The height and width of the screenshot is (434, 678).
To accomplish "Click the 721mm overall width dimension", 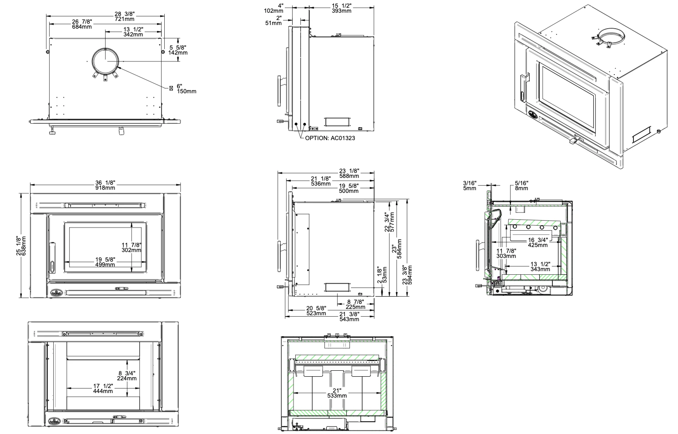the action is [x=124, y=17].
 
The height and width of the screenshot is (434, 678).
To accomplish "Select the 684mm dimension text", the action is [x=82, y=24].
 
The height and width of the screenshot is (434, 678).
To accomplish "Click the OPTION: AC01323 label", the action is [x=330, y=138].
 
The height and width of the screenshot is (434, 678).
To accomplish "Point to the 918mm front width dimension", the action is [x=105, y=185].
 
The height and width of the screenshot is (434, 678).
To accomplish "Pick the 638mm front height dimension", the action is [x=21, y=246].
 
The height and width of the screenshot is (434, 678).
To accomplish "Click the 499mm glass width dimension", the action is [x=105, y=262].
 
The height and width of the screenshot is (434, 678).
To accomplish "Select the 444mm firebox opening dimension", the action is [x=103, y=389].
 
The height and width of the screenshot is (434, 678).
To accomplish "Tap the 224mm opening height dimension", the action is [x=127, y=376].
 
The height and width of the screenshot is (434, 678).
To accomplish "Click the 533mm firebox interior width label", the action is [x=337, y=393].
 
